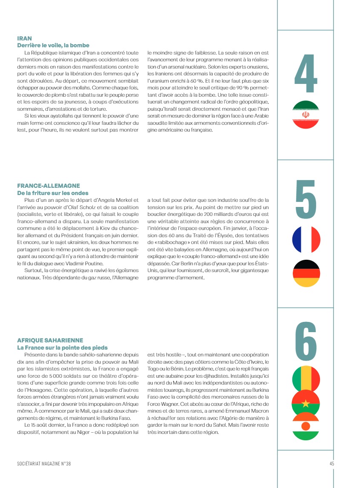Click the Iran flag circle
pyautogui.click(x=306, y=115)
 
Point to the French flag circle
pyautogui.click(x=306, y=240)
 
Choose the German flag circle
pyautogui.click(x=306, y=273)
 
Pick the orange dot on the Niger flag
pyautogui.click(x=306, y=426)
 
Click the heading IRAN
pyautogui.click(x=24, y=38)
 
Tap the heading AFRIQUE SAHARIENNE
pyautogui.click(x=50, y=340)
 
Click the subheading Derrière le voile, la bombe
pyautogui.click(x=53, y=45)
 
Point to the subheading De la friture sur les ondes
pyautogui.click(x=53, y=193)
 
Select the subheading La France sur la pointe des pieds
pyautogui.click(x=62, y=347)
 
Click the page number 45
pyautogui.click(x=331, y=464)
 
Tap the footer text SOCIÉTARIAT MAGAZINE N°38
pyautogui.click(x=44, y=464)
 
